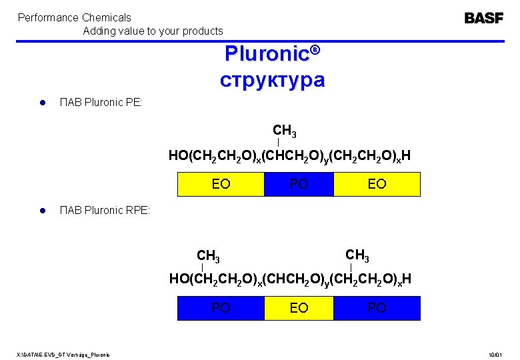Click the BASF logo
[484, 18]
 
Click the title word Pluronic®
[273, 53]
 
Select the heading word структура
[273, 80]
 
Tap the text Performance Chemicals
[74, 17]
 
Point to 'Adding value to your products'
[153, 31]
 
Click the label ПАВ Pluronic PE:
[101, 103]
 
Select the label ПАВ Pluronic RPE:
[105, 211]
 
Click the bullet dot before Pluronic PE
[41, 103]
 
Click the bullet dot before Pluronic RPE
[41, 211]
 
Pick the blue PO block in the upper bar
[299, 184]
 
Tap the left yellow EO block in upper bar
[221, 184]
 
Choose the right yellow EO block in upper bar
[377, 184]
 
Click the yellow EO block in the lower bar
[299, 308]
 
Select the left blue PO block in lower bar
[221, 308]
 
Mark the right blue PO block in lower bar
[377, 308]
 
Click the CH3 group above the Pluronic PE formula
[285, 130]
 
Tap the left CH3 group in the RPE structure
[209, 255]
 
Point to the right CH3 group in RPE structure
[357, 255]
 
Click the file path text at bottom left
[64, 353]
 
